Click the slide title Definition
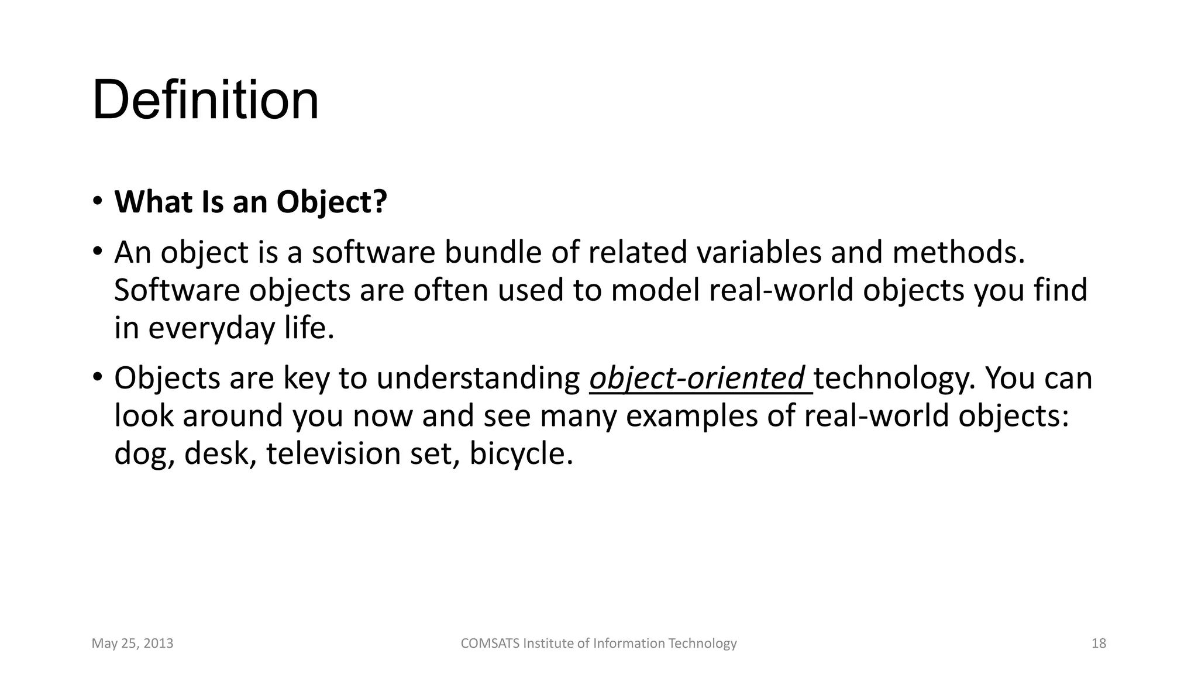pyautogui.click(x=205, y=100)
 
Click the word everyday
pyautogui.click(x=211, y=328)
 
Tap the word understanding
pyautogui.click(x=478, y=379)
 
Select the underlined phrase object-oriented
pyautogui.click(x=697, y=379)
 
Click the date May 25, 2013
pyautogui.click(x=133, y=644)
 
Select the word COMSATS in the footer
pyautogui.click(x=490, y=644)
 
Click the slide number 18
pyautogui.click(x=1099, y=644)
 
